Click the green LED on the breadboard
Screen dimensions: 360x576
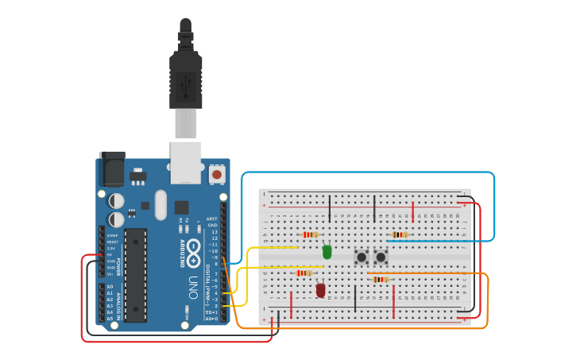click(327, 252)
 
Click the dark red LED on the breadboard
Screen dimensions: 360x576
click(321, 290)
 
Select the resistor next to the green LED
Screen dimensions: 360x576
click(310, 234)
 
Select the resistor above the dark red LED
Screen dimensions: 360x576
click(303, 273)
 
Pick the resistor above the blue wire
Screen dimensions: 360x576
click(400, 234)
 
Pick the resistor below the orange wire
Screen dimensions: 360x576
click(381, 279)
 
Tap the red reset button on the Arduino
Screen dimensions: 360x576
click(217, 172)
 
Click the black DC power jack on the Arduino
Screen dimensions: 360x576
click(111, 169)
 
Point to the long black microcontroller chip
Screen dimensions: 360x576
click(135, 275)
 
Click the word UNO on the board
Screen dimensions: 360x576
click(192, 283)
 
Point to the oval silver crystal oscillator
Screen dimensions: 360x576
click(161, 204)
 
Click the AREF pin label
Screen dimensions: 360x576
click(212, 219)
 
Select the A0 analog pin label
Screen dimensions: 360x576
click(110, 287)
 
